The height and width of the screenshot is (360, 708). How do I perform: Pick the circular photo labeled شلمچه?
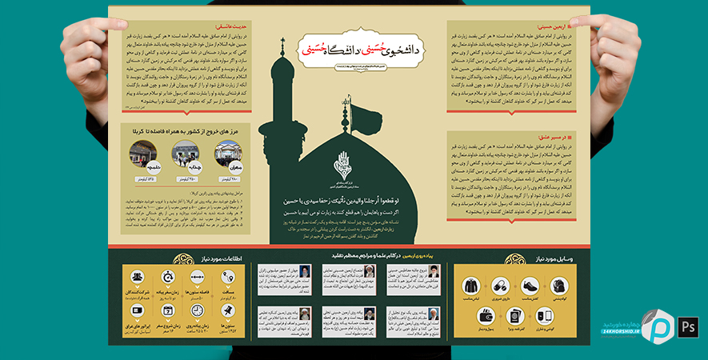[143, 151]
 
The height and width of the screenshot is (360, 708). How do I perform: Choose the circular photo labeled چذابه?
[185, 151]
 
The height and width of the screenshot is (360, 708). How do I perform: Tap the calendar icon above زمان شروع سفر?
[168, 310]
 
